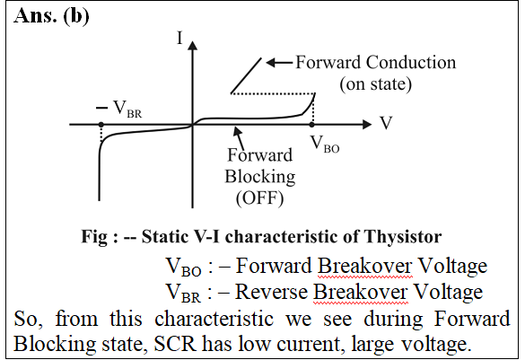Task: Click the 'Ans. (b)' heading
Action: click(51, 16)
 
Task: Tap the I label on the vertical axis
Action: click(179, 38)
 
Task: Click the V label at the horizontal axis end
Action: click(386, 123)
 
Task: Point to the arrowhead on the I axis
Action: click(192, 45)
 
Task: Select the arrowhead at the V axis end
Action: click(367, 124)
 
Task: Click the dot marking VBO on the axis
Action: click(311, 125)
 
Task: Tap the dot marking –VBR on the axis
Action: click(101, 125)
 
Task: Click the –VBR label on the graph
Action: click(118, 109)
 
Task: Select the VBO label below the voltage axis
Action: click(325, 144)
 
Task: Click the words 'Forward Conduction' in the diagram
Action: click(376, 62)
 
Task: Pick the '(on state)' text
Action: click(376, 83)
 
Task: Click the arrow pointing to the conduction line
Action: click(280, 62)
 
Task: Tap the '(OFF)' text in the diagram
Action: click(260, 198)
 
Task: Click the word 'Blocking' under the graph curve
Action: click(260, 177)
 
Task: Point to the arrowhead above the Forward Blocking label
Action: click(238, 131)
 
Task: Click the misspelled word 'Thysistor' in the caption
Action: click(402, 236)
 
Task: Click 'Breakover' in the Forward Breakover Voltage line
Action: click(364, 266)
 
